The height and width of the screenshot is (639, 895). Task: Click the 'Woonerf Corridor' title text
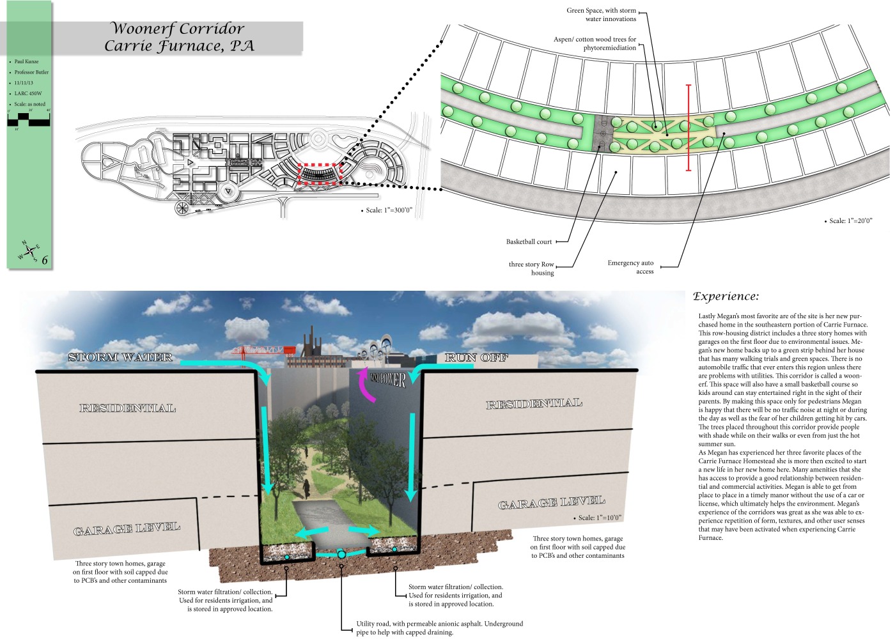[178, 29]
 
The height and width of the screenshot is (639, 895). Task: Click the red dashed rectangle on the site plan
[321, 174]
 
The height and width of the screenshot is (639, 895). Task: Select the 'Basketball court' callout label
[529, 242]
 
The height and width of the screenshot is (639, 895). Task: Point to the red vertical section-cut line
[689, 128]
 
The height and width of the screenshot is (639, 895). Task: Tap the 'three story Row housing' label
[531, 268]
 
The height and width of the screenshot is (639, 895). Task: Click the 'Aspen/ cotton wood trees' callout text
[595, 43]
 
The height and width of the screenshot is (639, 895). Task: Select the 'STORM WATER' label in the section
[120, 357]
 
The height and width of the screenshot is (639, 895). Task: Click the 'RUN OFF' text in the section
[476, 358]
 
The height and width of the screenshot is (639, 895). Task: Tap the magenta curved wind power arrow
[366, 387]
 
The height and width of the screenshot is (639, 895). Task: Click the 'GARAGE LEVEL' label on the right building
[551, 503]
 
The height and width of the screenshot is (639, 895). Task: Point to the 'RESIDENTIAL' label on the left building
[127, 408]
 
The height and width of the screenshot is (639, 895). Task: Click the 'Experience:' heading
[726, 296]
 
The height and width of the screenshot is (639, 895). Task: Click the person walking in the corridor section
[306, 488]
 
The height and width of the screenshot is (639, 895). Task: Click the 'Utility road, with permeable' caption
[439, 624]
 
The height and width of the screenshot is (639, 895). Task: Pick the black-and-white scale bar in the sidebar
[29, 119]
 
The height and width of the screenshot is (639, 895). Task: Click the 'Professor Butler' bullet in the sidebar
[31, 72]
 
